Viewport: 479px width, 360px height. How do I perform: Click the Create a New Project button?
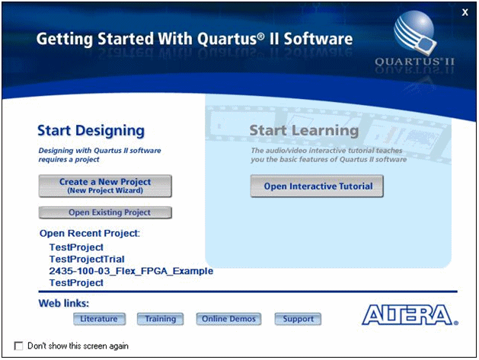pos(105,186)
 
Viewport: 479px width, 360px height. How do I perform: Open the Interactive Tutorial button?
pos(318,186)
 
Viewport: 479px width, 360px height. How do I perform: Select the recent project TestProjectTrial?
pos(86,260)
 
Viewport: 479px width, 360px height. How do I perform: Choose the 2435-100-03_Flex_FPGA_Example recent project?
pos(130,271)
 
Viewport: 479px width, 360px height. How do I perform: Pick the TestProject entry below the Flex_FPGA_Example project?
pos(75,282)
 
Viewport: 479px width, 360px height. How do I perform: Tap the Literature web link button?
pos(98,319)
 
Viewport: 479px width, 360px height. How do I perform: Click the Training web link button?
pos(161,319)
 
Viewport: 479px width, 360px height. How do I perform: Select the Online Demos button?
pos(228,319)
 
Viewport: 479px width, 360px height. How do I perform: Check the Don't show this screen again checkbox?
pos(19,346)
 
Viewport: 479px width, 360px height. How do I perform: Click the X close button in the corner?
pos(465,11)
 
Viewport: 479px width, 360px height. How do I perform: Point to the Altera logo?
pos(410,315)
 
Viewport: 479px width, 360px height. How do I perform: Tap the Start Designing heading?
pos(91,131)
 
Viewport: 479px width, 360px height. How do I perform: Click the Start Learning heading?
pos(304,131)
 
